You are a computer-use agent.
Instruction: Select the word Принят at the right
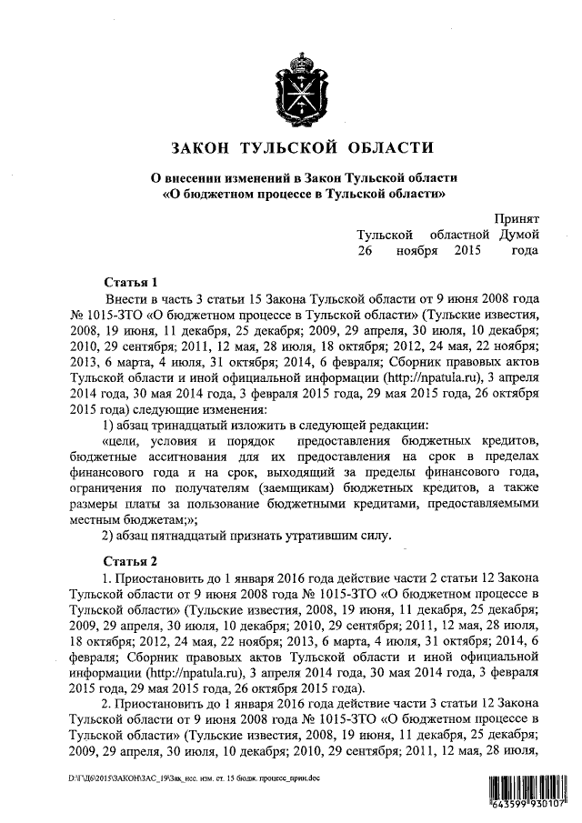coord(517,219)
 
